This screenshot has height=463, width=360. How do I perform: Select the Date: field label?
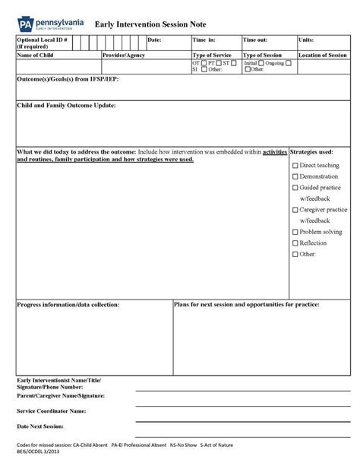[x=154, y=40]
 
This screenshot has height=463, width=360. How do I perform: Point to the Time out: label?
[x=255, y=40]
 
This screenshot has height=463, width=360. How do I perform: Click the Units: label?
[x=306, y=40]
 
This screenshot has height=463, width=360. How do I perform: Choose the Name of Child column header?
[x=36, y=55]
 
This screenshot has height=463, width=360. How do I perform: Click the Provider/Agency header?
[x=124, y=55]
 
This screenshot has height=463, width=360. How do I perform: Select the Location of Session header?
[x=323, y=55]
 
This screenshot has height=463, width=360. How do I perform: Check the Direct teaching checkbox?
[x=295, y=165]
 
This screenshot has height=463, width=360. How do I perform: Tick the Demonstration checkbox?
[x=295, y=176]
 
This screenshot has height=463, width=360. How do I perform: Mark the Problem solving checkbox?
[x=295, y=232]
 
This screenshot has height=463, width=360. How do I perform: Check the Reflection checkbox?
[x=295, y=243]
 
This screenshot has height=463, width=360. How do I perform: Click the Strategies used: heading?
[x=311, y=152]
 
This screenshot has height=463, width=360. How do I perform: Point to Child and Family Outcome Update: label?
[x=66, y=106]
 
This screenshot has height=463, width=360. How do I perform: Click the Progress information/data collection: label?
[x=68, y=304]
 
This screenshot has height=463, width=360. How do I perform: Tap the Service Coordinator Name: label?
[x=51, y=411]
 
